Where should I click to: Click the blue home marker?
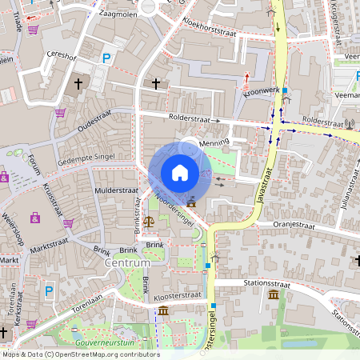180,172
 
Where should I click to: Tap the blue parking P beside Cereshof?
106,58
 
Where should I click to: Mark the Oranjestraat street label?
293,225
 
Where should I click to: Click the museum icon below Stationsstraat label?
274,295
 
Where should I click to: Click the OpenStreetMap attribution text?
80,354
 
